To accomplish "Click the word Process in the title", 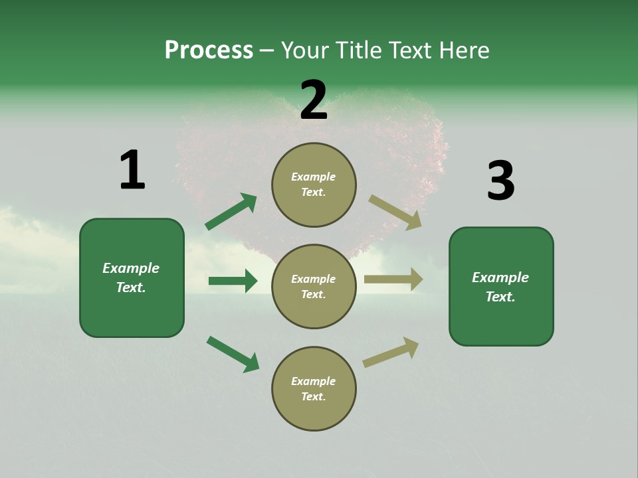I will (209, 50).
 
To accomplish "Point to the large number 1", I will (132, 170).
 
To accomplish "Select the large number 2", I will (314, 100).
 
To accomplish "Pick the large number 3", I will (500, 181).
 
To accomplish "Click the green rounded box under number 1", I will (132, 278).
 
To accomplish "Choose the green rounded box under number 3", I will (501, 287).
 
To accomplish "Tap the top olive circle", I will (314, 185).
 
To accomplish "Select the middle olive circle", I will (314, 286).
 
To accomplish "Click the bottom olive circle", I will (314, 388).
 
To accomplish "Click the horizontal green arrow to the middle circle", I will (233, 281).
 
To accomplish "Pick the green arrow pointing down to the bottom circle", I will (233, 354).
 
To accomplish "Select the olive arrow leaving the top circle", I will (395, 212).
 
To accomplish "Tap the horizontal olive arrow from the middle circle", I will (393, 279).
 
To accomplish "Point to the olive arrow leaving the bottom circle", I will (391, 353).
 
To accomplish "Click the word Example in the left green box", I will (131, 268).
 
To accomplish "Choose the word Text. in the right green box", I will (500, 297).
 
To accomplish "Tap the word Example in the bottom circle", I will (314, 381).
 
